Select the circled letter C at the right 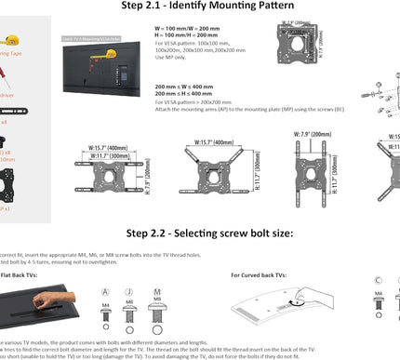click(377, 279)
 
